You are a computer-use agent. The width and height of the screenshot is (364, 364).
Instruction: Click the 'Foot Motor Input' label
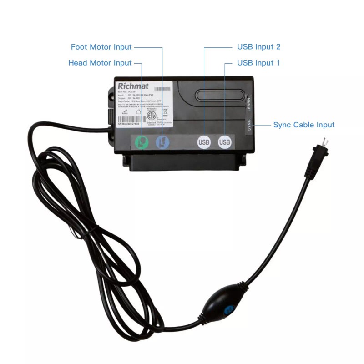click(101, 47)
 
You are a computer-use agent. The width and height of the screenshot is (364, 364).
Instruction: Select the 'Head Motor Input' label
click(100, 63)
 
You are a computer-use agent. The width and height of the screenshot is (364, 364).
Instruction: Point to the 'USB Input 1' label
click(258, 63)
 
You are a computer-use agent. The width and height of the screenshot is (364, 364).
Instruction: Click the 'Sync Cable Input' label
click(303, 125)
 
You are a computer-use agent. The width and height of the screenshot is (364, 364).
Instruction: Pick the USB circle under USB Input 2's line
click(204, 142)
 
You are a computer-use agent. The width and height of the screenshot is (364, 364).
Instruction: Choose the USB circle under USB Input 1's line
click(225, 142)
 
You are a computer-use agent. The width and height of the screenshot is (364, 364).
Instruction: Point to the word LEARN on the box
click(248, 102)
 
